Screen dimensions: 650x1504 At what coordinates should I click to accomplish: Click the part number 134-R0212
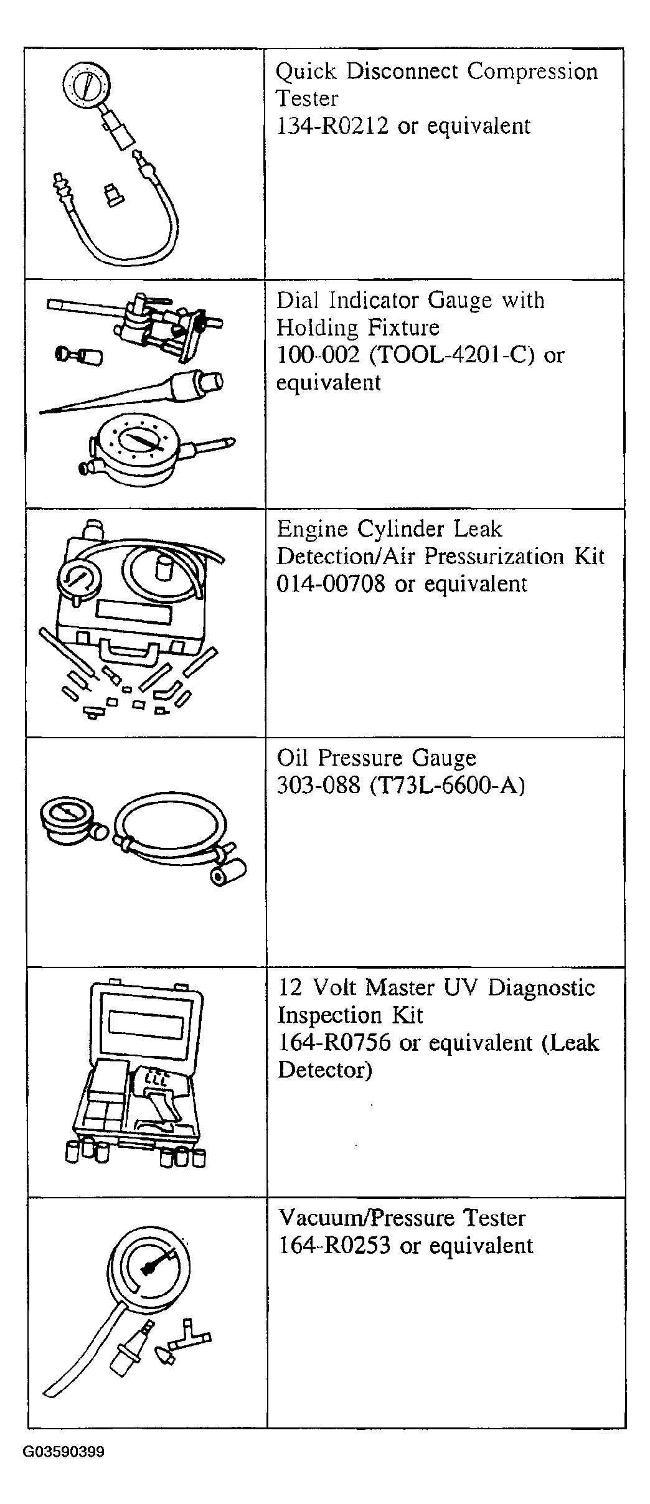click(x=332, y=126)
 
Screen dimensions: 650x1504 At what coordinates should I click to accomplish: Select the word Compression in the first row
click(x=533, y=72)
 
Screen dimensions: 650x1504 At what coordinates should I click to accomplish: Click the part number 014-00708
click(x=331, y=584)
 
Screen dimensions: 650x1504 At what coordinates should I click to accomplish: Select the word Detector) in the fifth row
click(x=324, y=1070)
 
